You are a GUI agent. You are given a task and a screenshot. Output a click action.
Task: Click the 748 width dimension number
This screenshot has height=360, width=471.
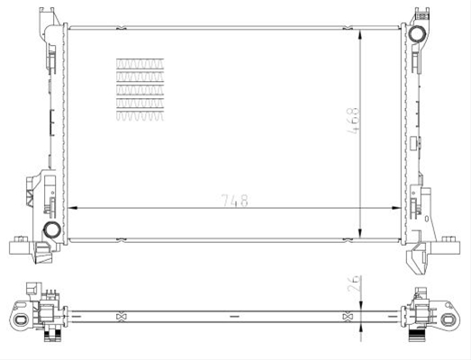pos(234,201)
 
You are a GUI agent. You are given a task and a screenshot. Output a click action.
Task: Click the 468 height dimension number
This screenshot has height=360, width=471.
pos(353,121)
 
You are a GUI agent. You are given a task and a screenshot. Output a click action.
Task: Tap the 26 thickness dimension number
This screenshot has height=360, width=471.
pos(353,283)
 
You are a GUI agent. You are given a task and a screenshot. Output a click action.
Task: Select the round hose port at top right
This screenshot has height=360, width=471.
pos(417,33)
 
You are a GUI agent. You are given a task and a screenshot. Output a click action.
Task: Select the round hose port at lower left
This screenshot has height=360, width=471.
pos(52,229)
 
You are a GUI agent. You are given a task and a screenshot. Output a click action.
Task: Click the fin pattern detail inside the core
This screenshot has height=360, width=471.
pos(140,89)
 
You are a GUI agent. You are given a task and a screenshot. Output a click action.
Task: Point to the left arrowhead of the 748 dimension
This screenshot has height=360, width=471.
pos(72,208)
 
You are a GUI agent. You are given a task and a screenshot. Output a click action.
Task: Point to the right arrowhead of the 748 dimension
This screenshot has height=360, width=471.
pos(396,208)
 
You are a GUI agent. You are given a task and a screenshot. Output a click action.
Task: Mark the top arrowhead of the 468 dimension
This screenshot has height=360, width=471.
pos(360,34)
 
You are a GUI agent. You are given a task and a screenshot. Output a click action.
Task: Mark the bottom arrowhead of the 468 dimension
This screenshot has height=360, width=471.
pos(360,233)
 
